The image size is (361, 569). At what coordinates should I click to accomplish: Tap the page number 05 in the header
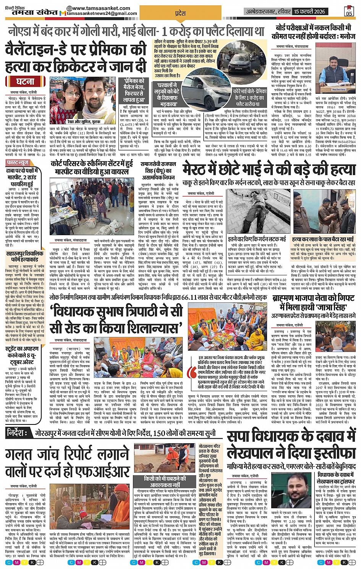pos(348,11)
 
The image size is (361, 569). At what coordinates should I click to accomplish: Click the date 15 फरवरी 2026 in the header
pos(309,11)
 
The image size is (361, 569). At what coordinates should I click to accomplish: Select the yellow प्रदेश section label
pos(180,13)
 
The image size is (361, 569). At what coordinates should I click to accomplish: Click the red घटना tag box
pos(25,81)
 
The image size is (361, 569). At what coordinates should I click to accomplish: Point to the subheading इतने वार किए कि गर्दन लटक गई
pos(256,239)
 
